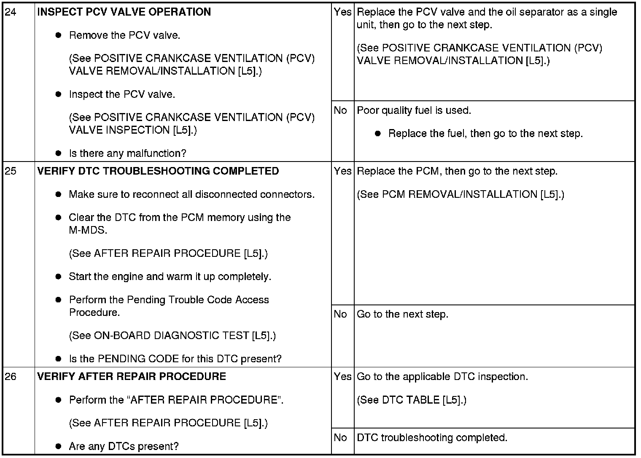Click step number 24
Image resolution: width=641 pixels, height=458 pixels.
pyautogui.click(x=11, y=12)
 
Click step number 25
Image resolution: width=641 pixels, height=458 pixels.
pyautogui.click(x=11, y=171)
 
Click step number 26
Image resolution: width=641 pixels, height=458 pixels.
pyautogui.click(x=11, y=377)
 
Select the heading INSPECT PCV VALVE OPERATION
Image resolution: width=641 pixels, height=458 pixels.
pyautogui.click(x=124, y=12)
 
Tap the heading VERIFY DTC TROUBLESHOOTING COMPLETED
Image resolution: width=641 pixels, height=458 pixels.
pyautogui.click(x=158, y=171)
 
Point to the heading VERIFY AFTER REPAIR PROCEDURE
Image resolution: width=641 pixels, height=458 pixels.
pyautogui.click(x=132, y=377)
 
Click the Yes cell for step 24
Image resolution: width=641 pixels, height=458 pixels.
pyautogui.click(x=342, y=12)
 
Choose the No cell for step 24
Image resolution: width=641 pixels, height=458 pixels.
pyautogui.click(x=340, y=110)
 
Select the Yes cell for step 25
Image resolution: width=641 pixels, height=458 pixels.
pyautogui.click(x=342, y=171)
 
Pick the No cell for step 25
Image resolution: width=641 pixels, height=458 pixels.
pyautogui.click(x=340, y=314)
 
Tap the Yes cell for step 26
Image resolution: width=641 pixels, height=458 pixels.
pyautogui.click(x=342, y=377)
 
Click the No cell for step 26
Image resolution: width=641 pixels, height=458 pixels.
pyautogui.click(x=340, y=438)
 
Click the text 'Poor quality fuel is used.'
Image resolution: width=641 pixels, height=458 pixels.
pyautogui.click(x=414, y=110)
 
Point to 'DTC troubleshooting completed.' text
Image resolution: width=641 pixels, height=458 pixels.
pyautogui.click(x=432, y=438)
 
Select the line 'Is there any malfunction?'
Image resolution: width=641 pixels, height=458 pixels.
pyautogui.click(x=127, y=154)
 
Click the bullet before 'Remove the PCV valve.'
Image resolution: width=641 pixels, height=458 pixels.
pyautogui.click(x=59, y=35)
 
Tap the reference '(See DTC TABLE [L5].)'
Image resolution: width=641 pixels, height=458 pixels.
pyautogui.click(x=412, y=400)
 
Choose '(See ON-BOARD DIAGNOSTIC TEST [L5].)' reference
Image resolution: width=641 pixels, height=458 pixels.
pyautogui.click(x=172, y=336)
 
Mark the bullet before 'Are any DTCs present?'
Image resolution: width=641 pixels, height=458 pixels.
pyautogui.click(x=59, y=446)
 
